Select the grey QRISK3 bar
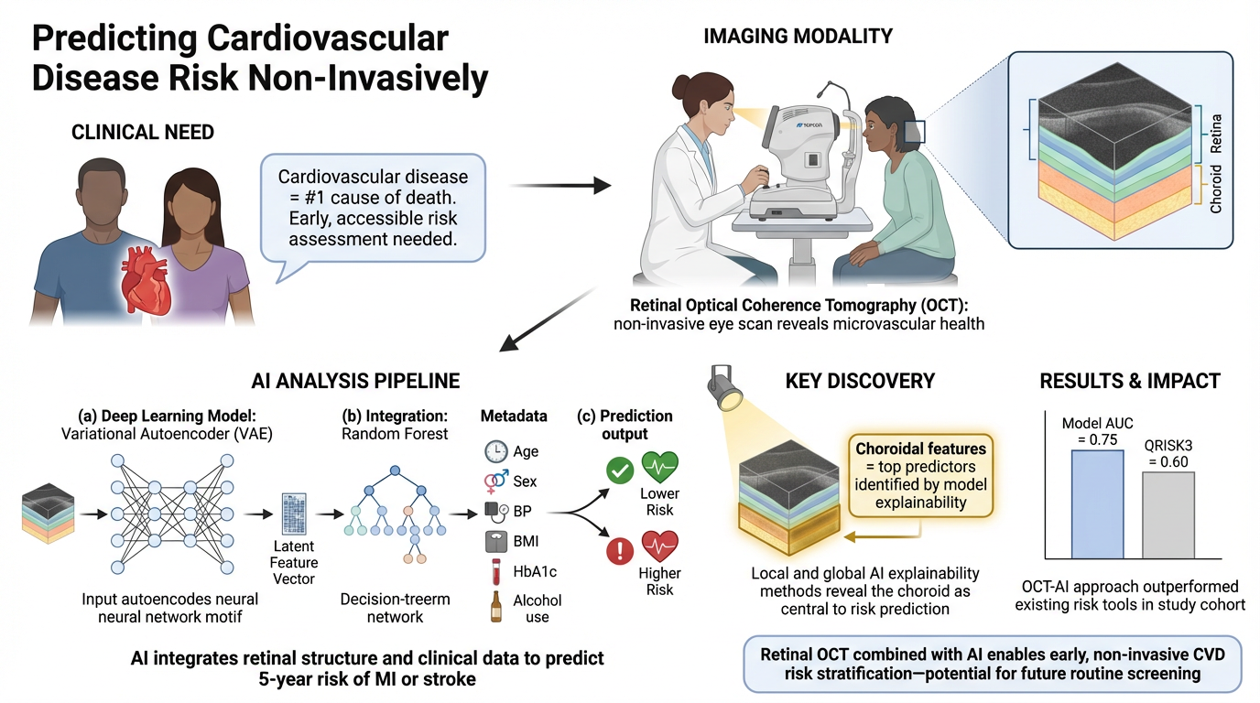pyautogui.click(x=1168, y=514)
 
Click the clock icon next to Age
pyautogui.click(x=495, y=452)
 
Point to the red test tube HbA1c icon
pyautogui.click(x=495, y=572)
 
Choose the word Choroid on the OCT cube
pyautogui.click(x=1217, y=189)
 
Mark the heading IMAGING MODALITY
pyautogui.click(x=798, y=37)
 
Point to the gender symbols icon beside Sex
pyautogui.click(x=495, y=481)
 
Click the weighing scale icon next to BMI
pyautogui.click(x=495, y=542)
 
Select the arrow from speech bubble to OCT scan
pyautogui.click(x=559, y=186)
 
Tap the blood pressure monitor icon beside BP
pyautogui.click(x=495, y=511)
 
